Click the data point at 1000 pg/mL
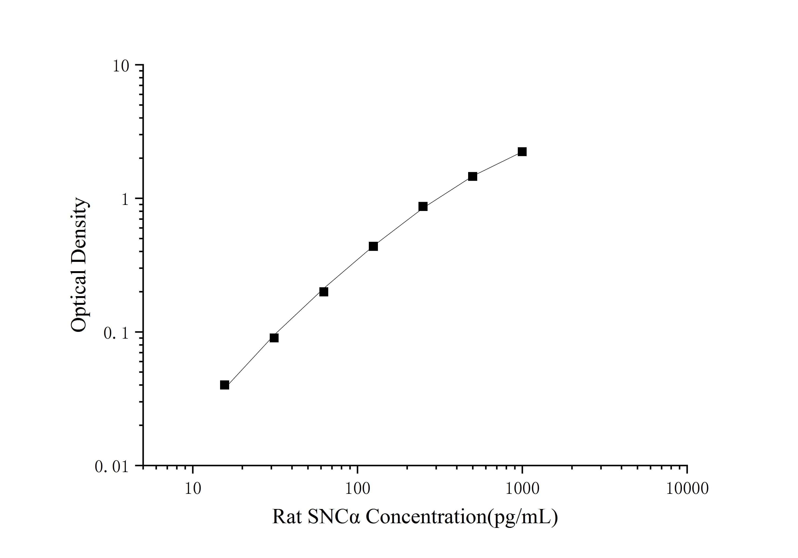[522, 152]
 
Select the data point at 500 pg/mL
[472, 177]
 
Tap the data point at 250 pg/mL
[423, 207]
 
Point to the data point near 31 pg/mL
[274, 338]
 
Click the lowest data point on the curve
[225, 385]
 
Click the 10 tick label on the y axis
[121, 66]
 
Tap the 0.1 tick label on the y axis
[116, 333]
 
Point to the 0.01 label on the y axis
[112, 467]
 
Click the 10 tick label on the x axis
[193, 489]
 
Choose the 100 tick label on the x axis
[357, 489]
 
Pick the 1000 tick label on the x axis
[522, 489]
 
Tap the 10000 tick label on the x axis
[687, 489]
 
